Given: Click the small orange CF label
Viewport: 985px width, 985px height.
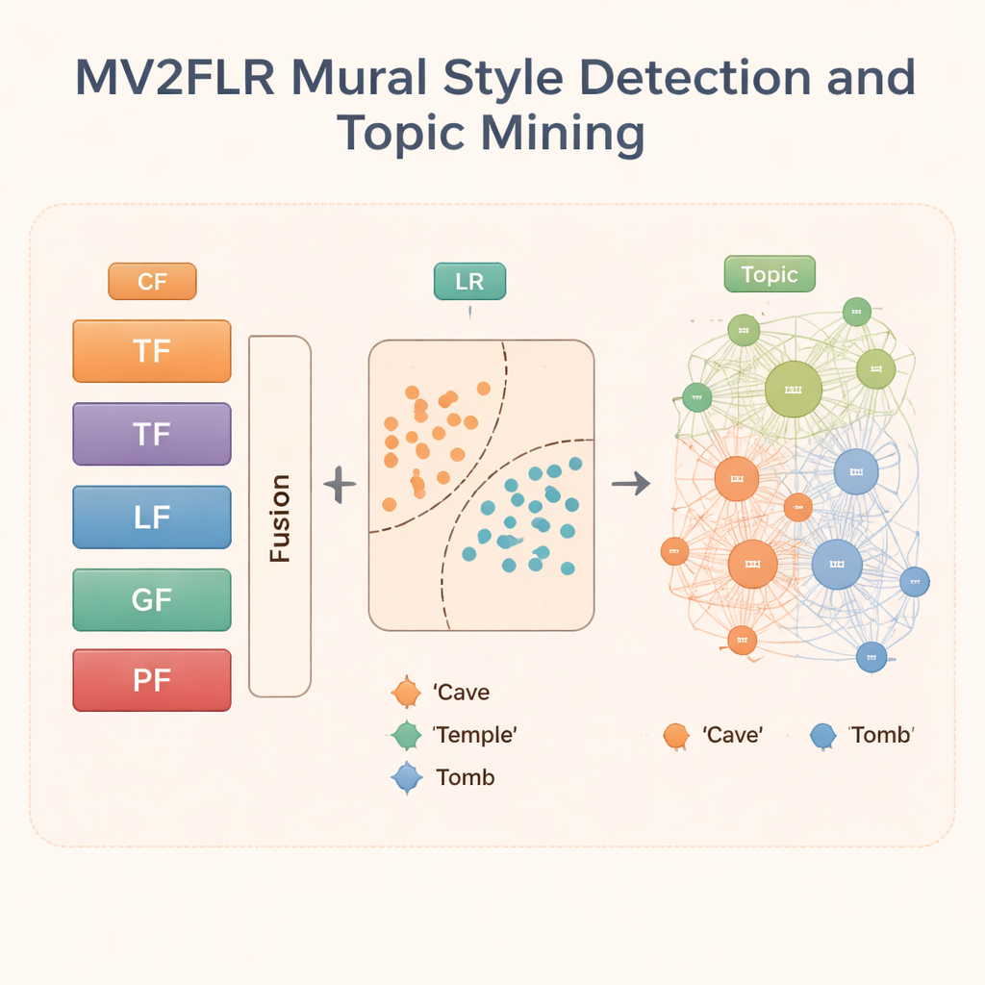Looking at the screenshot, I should coord(152,282).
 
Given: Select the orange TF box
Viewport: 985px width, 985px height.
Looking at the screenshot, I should coord(152,351).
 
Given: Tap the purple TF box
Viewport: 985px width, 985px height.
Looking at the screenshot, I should coord(152,434).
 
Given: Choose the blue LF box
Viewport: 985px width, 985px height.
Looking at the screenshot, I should coord(152,518).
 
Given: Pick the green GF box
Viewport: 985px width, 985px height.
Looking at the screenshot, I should coord(152,600).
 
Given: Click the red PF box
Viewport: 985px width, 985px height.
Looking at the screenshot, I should coord(152,680).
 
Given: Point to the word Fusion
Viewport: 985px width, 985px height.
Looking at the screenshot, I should coord(280,518).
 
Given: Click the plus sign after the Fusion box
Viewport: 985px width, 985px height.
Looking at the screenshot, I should coord(340,484).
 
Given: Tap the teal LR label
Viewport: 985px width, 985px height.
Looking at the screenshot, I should coord(469,282).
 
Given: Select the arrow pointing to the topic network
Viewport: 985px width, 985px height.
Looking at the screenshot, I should coord(631,484).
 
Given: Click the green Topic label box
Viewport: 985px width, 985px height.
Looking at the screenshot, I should coord(769,275).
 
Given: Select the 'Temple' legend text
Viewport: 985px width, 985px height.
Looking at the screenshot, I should coord(476,735).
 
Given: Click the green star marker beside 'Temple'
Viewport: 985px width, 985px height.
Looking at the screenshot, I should coord(407,735).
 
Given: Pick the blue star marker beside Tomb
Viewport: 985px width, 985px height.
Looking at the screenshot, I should coord(407,777).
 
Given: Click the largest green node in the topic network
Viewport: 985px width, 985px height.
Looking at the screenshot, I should coord(794,390).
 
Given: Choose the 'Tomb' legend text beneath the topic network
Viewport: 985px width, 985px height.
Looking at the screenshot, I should coord(880,735).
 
